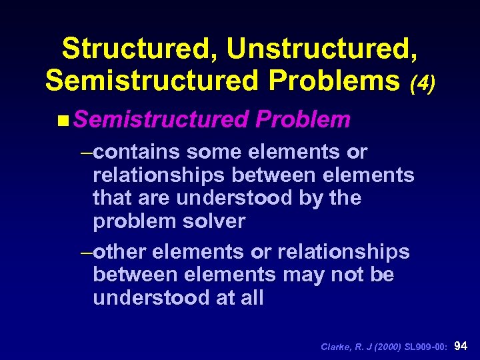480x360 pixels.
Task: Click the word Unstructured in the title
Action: click(324, 49)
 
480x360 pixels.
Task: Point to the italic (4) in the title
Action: click(421, 83)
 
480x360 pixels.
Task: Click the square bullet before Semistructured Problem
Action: click(62, 120)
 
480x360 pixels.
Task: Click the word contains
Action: click(137, 152)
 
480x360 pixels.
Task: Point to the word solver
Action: click(213, 221)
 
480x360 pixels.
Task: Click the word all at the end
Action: click(251, 298)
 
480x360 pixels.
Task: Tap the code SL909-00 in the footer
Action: click(429, 347)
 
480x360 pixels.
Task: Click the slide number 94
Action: click(461, 346)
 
